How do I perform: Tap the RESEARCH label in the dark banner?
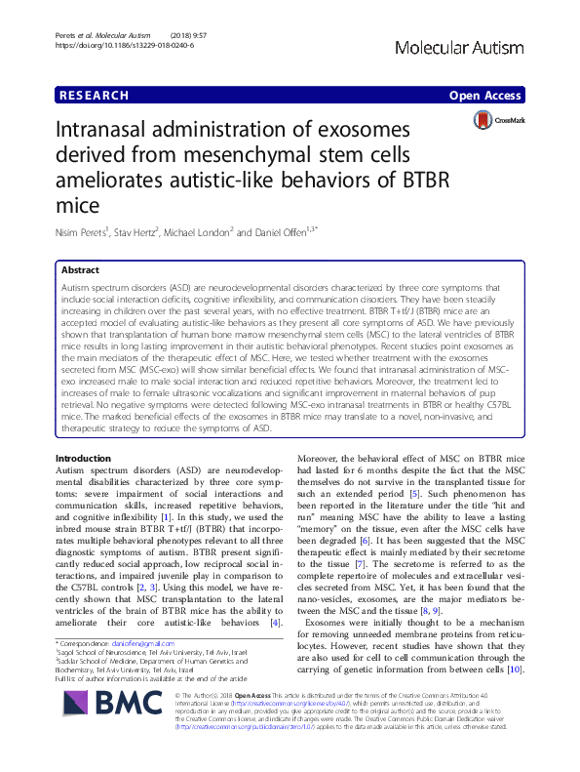coord(93,96)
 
